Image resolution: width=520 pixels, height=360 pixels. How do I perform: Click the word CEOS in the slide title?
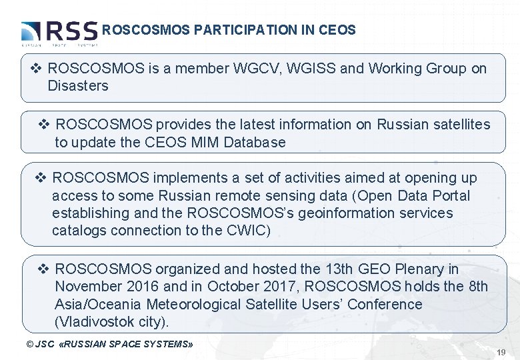coord(337,30)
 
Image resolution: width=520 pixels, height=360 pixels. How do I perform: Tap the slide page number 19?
coord(501,351)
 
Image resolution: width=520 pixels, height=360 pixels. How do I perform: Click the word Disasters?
coord(78,86)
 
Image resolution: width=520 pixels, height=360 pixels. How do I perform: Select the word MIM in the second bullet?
coord(207,142)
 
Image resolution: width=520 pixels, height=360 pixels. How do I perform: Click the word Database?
coord(255,142)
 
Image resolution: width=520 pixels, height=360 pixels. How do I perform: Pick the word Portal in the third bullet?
coord(450,196)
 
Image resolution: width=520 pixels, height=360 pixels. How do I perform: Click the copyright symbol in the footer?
coord(29,344)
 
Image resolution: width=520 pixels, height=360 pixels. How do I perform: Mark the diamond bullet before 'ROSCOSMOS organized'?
coord(43,269)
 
